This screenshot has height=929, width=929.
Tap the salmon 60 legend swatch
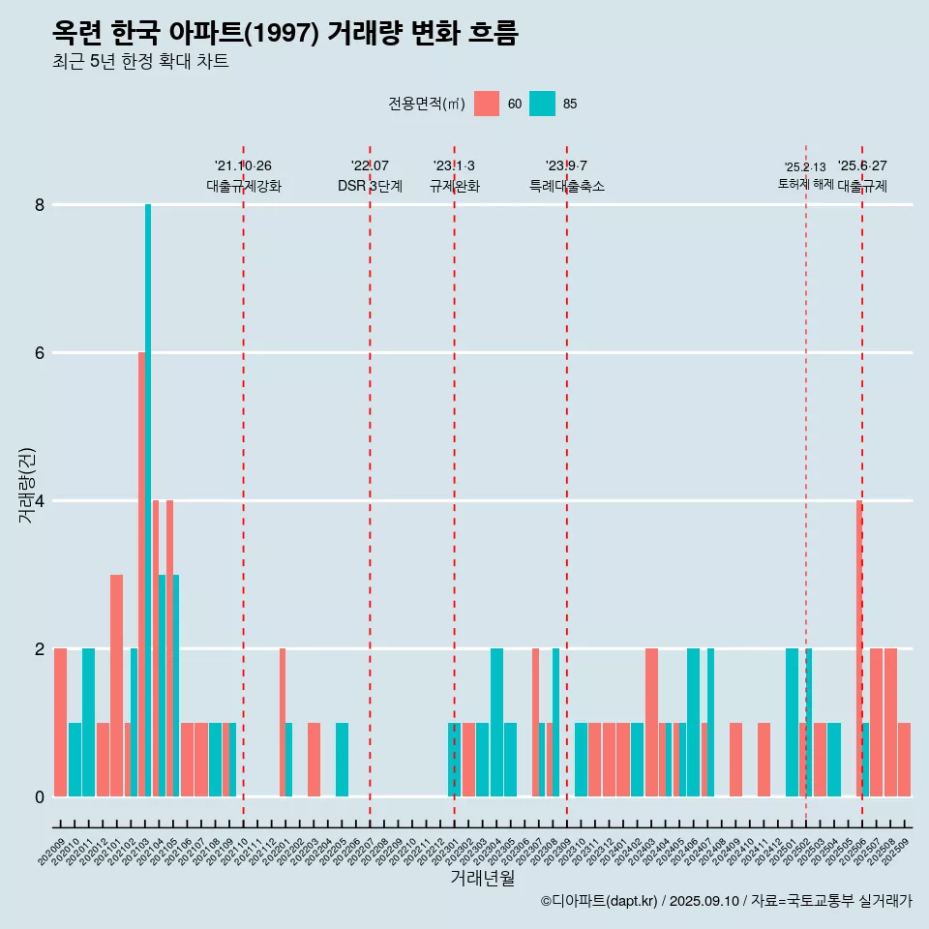click(487, 104)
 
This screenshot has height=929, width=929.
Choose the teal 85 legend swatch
click(542, 104)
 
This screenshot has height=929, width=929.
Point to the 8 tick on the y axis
click(40, 205)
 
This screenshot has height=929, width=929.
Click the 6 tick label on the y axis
click(40, 353)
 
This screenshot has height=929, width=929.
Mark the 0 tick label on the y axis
click(40, 797)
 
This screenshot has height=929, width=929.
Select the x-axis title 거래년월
click(482, 878)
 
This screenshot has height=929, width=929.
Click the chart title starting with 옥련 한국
click(285, 34)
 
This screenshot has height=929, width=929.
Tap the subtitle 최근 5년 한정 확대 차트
click(140, 62)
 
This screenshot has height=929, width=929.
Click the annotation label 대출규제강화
click(244, 186)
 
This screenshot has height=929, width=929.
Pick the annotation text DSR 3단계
click(370, 186)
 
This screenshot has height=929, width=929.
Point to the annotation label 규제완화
click(454, 186)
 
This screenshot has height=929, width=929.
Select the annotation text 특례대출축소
click(567, 186)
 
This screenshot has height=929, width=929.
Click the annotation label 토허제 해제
click(805, 184)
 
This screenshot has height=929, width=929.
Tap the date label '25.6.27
click(862, 166)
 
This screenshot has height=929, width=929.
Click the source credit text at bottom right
click(726, 901)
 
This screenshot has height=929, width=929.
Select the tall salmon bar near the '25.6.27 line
click(858, 648)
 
